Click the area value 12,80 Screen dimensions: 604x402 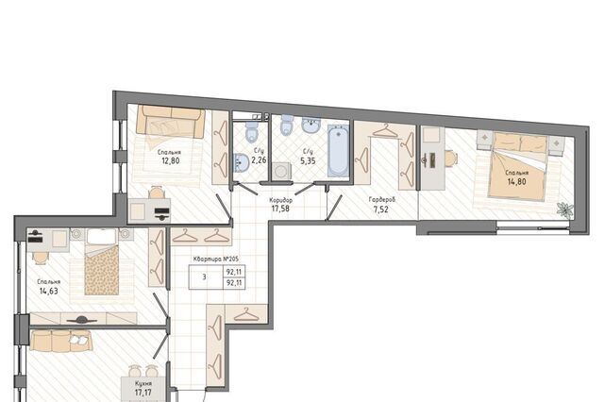(171, 160)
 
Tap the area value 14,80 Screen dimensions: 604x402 (517, 182)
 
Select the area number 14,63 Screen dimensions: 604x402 (49, 291)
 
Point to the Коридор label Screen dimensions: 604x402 (281, 200)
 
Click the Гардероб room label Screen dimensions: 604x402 (381, 199)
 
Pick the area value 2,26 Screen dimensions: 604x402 (259, 159)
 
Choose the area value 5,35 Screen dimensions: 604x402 (309, 161)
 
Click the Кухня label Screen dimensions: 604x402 (143, 384)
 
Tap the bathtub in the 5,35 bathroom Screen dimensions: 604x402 (338, 151)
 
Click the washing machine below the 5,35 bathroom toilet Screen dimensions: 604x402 (282, 172)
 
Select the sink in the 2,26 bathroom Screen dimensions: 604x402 (242, 163)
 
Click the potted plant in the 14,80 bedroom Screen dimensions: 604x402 (565, 210)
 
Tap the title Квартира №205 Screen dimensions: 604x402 (216, 260)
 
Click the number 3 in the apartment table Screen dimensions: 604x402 (204, 276)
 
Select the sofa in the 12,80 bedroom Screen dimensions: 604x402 (171, 122)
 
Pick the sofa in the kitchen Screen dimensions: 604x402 (61, 341)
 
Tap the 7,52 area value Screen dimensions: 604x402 (381, 209)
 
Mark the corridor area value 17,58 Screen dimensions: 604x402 (280, 209)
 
